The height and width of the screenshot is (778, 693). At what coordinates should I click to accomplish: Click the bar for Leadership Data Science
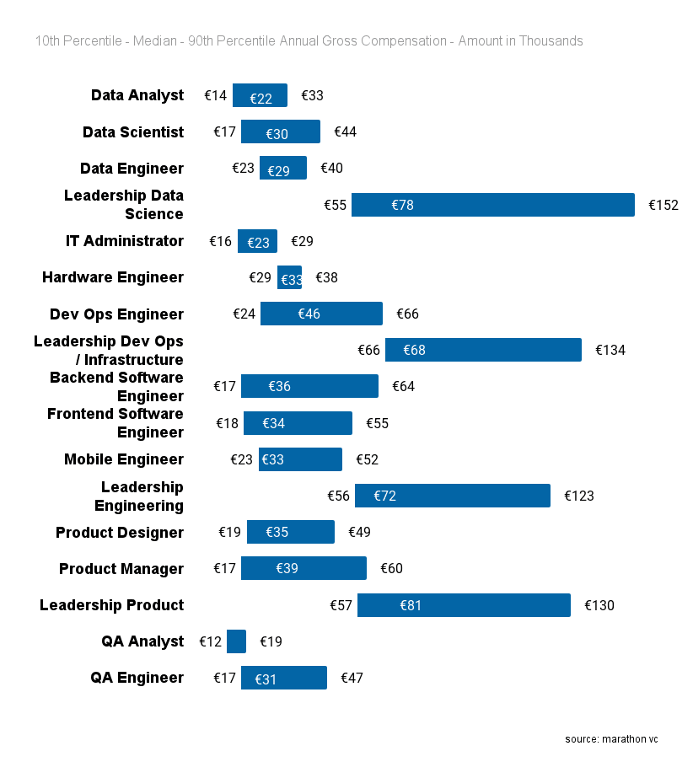coord(492,205)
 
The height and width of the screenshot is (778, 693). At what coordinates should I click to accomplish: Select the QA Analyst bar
coord(236,641)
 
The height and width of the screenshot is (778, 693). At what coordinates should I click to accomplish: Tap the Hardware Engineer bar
coord(289,277)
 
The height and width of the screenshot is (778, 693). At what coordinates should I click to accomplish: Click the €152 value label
coord(663,205)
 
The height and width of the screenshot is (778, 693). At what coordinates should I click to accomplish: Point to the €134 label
coord(610,350)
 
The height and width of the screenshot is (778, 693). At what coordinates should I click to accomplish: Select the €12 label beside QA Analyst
coord(211,641)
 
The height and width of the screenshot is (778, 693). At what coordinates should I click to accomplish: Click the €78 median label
coord(403,205)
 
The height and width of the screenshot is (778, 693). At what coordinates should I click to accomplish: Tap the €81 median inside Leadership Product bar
coord(411,605)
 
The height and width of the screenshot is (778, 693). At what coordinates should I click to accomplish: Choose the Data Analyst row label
coord(137,95)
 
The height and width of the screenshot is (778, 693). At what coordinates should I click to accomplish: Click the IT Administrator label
coord(125,241)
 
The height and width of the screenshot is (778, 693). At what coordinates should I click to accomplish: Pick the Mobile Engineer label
coord(124,459)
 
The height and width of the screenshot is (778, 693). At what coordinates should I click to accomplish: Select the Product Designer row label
coord(120,533)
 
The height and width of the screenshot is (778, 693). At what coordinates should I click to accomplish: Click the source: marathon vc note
coord(611,739)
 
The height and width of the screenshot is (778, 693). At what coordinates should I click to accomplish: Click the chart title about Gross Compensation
coord(309,41)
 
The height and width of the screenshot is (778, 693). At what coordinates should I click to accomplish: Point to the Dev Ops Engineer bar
coord(321,314)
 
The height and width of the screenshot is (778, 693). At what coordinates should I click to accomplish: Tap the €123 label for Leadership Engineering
coord(579,496)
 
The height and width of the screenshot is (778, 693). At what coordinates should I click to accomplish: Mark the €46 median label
coord(309,314)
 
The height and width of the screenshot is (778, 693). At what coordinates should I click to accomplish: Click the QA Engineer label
coord(137,678)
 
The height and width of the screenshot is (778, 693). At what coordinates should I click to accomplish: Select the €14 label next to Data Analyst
coord(216,95)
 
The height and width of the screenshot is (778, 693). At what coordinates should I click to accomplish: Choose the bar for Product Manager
coord(304,568)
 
